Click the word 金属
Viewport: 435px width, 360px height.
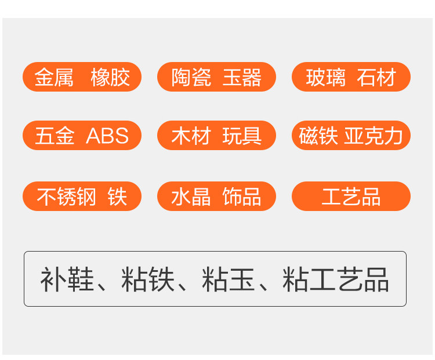tap(54, 78)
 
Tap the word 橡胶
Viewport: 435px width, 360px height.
tap(110, 78)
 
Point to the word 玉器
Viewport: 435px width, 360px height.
tap(242, 78)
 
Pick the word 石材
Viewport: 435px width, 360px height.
tap(376, 78)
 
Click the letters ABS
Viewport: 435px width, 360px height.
tap(107, 136)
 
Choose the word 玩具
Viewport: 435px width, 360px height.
tap(242, 136)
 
